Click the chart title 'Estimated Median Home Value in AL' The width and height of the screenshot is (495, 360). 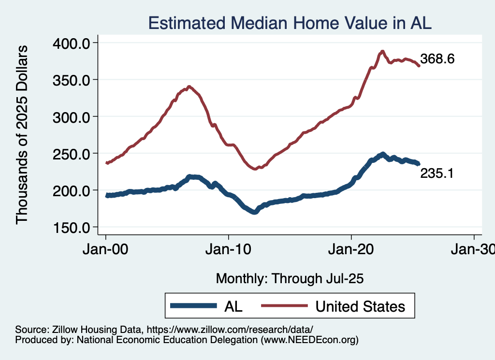[289, 23]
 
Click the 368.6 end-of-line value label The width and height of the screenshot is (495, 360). [437, 59]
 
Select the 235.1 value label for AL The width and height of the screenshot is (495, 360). [437, 173]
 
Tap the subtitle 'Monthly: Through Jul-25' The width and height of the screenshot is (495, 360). [290, 278]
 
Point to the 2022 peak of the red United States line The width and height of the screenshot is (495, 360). [382, 51]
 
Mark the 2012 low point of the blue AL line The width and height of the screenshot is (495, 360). [254, 212]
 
